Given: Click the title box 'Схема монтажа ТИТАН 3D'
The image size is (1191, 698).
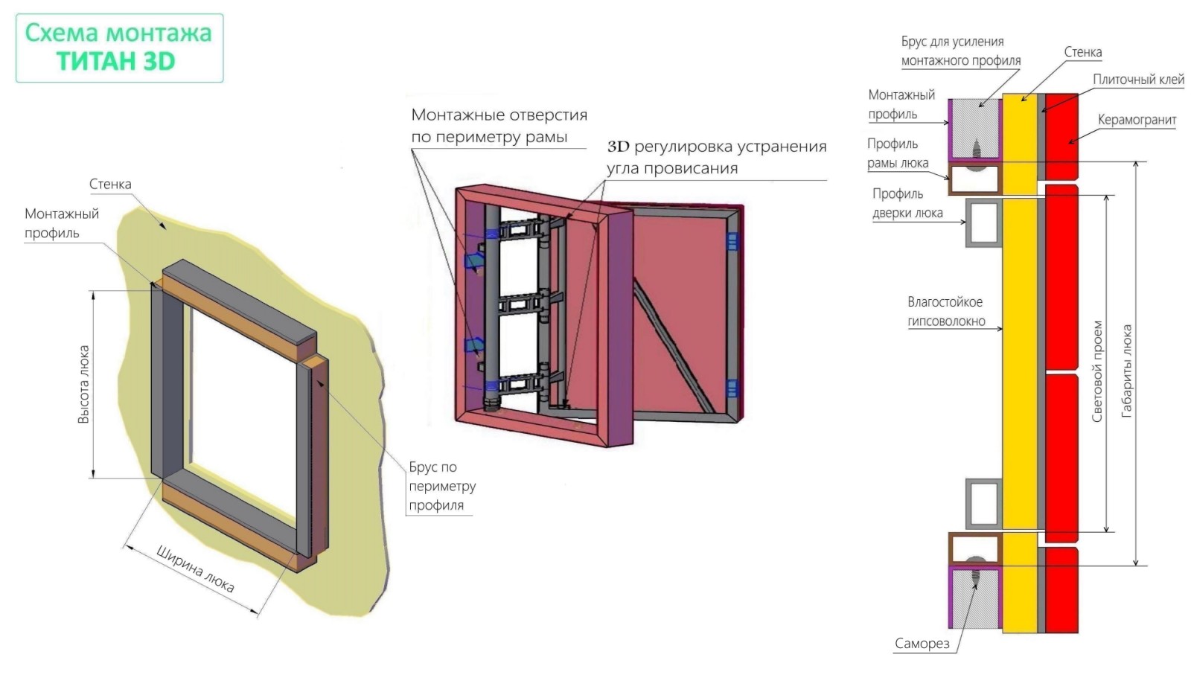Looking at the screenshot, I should [119, 47].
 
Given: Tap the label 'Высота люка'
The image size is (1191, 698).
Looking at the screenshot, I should [83, 384].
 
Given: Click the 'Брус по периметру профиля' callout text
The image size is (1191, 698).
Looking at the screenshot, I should [442, 486].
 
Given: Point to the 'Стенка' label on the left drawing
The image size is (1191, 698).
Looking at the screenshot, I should [110, 184].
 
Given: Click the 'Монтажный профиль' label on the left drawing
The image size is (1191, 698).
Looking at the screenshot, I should [61, 223].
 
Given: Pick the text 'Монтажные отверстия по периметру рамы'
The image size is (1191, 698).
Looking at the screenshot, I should [499, 126].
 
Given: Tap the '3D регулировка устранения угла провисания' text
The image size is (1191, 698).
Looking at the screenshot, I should [716, 157].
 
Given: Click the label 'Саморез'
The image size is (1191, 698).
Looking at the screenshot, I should [922, 644].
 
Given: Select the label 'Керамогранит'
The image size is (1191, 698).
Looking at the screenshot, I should [1137, 120].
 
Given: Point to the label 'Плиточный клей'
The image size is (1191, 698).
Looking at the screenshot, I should [1138, 80].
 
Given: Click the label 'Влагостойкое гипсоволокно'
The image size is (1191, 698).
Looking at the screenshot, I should [945, 312].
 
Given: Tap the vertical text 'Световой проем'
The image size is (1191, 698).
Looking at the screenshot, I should [1096, 371].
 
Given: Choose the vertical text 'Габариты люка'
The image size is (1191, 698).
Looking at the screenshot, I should [1127, 370].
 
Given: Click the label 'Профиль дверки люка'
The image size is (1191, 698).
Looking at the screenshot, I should [907, 203].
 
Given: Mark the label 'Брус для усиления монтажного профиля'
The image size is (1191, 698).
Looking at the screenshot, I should [960, 51].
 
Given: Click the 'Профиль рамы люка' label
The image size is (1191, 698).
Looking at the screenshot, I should [898, 153].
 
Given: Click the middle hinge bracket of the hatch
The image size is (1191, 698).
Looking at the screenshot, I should [526, 304].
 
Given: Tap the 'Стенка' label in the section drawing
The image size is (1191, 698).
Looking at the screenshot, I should [1082, 52].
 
